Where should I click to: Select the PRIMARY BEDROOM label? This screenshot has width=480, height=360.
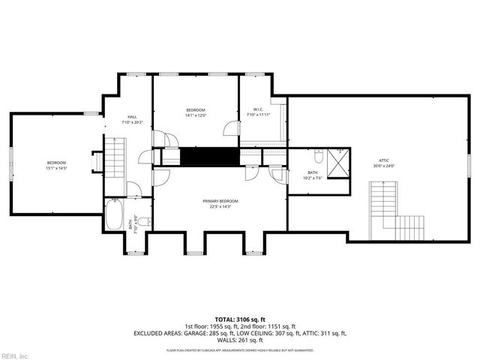tap(220, 201)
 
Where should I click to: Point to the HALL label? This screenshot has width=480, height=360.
tap(132, 117)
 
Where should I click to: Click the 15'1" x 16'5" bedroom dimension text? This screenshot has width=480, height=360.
tap(57, 169)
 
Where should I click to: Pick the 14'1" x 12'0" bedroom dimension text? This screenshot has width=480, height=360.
tap(196, 115)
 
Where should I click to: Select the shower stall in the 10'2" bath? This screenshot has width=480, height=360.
tap(339, 160)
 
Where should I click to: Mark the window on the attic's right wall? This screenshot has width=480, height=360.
tap(470, 163)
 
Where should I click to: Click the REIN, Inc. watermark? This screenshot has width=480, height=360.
tap(15, 355)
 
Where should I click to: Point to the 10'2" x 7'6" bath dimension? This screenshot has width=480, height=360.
tap(313, 178)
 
